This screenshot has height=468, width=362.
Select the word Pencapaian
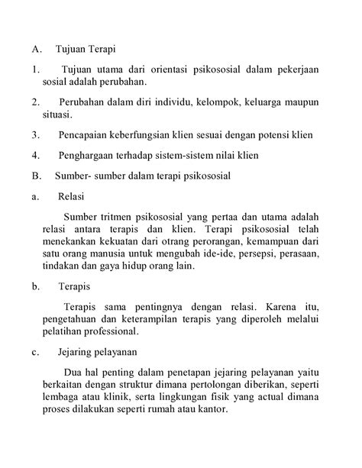84,135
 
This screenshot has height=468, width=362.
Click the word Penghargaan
89,155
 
